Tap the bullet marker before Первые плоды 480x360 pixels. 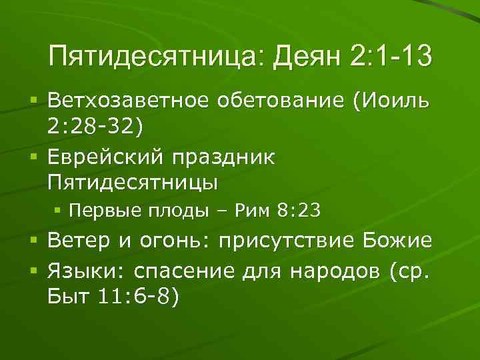point(58,211)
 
